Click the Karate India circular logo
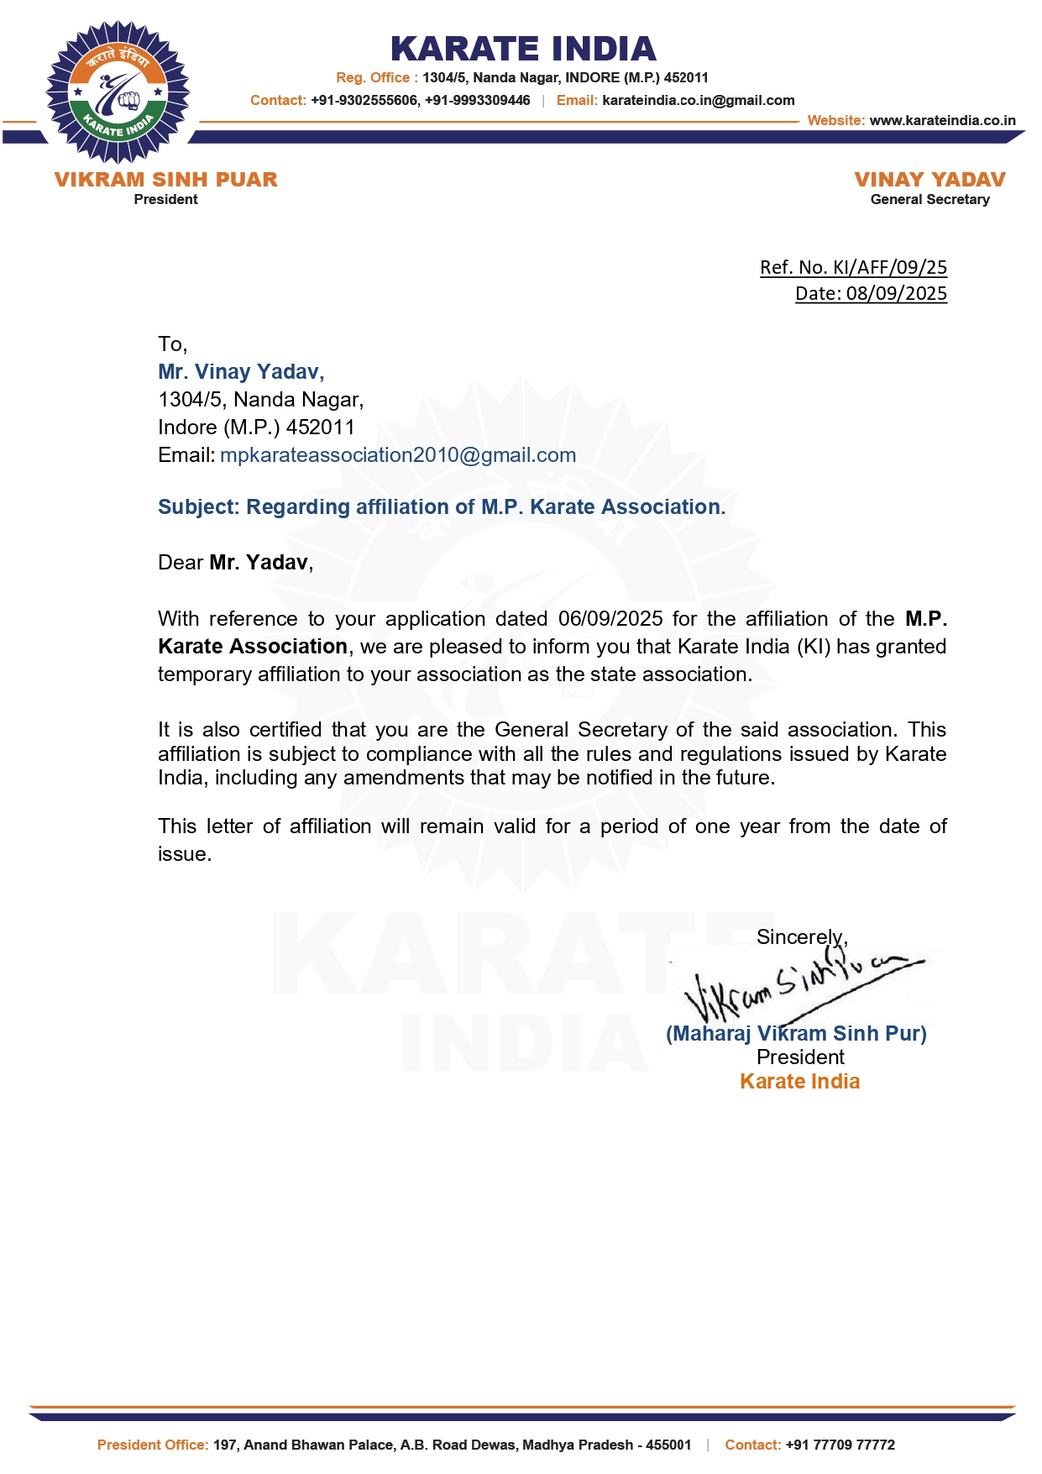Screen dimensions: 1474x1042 click(x=118, y=92)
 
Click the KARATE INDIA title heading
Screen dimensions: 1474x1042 click(x=522, y=49)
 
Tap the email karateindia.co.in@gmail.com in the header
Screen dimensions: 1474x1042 click(x=698, y=101)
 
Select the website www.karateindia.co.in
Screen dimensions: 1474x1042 click(x=942, y=121)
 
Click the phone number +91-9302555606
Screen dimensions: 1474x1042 click(x=364, y=101)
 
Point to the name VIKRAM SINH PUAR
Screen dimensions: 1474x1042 click(x=165, y=180)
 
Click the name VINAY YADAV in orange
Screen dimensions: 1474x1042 click(x=929, y=180)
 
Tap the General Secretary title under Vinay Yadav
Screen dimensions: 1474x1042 click(x=929, y=200)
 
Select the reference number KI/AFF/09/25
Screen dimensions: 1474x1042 click(x=889, y=267)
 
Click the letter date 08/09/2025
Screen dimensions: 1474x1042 click(x=896, y=293)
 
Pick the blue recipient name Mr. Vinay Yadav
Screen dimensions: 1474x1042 click(x=241, y=371)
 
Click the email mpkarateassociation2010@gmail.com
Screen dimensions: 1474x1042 click(x=398, y=455)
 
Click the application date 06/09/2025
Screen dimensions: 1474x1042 click(x=610, y=619)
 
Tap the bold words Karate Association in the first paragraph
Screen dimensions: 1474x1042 click(x=253, y=647)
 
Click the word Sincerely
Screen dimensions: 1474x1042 click(x=801, y=937)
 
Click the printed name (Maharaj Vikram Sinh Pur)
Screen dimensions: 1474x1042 click(x=796, y=1034)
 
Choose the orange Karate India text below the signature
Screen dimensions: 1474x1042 click(x=799, y=1082)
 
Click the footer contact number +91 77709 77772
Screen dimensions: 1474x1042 click(x=840, y=1445)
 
